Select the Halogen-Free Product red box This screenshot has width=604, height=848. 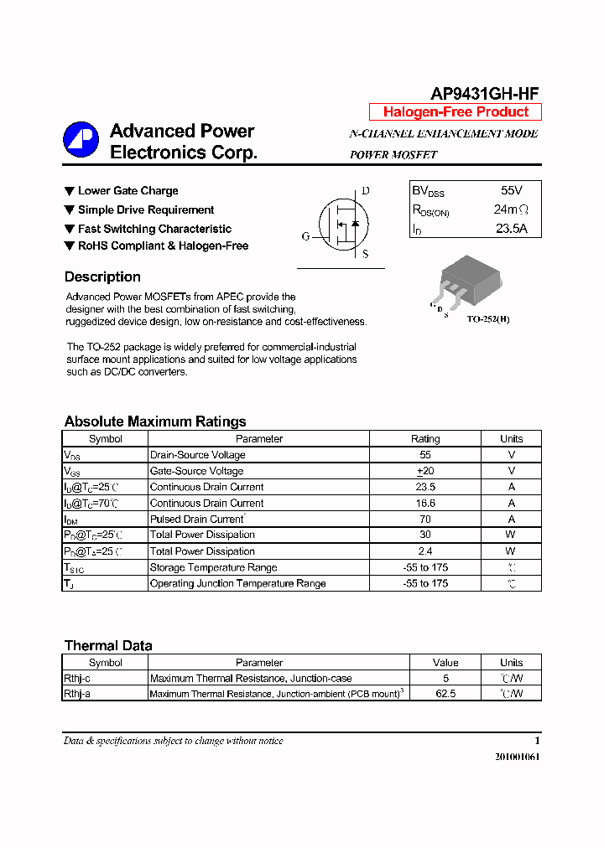pyautogui.click(x=456, y=112)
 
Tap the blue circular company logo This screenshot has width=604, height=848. pyautogui.click(x=81, y=139)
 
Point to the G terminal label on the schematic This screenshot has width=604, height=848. pyautogui.click(x=306, y=237)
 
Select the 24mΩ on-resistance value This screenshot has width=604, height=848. pyautogui.click(x=511, y=209)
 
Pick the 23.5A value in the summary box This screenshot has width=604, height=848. pyautogui.click(x=511, y=228)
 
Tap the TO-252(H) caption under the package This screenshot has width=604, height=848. pyautogui.click(x=488, y=319)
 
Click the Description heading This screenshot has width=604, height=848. pyautogui.click(x=102, y=277)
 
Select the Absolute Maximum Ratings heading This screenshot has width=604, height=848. pyautogui.click(x=155, y=421)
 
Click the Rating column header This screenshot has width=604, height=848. pyautogui.click(x=425, y=439)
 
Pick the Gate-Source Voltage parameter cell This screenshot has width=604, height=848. pyautogui.click(x=196, y=471)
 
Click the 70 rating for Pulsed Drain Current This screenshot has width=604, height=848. pyautogui.click(x=425, y=520)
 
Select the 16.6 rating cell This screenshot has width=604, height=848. pyautogui.click(x=425, y=504)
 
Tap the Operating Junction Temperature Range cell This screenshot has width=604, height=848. pyautogui.click(x=237, y=584)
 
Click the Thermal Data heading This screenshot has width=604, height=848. pyautogui.click(x=108, y=646)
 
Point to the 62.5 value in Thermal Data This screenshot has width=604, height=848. pyautogui.click(x=445, y=694)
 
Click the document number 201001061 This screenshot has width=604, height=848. pyautogui.click(x=517, y=757)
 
